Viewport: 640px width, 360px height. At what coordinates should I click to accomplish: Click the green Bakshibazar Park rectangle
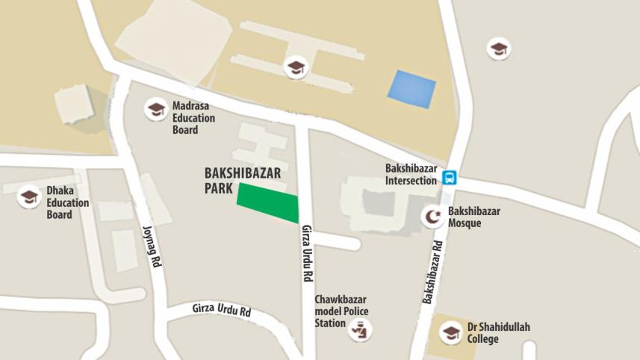[268, 202]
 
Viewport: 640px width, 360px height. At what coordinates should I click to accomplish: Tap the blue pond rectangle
[411, 89]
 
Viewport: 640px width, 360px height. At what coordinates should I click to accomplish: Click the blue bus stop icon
[449, 178]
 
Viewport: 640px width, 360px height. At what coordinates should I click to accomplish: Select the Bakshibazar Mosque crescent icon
[432, 217]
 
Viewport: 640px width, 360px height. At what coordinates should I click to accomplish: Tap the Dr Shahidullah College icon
[450, 332]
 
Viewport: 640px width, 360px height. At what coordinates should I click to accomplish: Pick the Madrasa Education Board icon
[156, 110]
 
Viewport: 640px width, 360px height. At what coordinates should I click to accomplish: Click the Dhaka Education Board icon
[29, 197]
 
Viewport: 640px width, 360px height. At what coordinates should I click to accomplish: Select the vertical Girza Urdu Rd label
[307, 253]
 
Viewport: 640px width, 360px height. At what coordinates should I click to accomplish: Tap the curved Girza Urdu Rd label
[221, 308]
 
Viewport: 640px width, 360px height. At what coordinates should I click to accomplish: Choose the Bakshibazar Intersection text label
[411, 174]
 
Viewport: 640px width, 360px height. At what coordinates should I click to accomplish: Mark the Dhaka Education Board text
[67, 202]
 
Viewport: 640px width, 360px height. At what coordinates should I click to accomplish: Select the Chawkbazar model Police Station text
[341, 311]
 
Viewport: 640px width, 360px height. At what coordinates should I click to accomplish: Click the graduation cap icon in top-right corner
[499, 49]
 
